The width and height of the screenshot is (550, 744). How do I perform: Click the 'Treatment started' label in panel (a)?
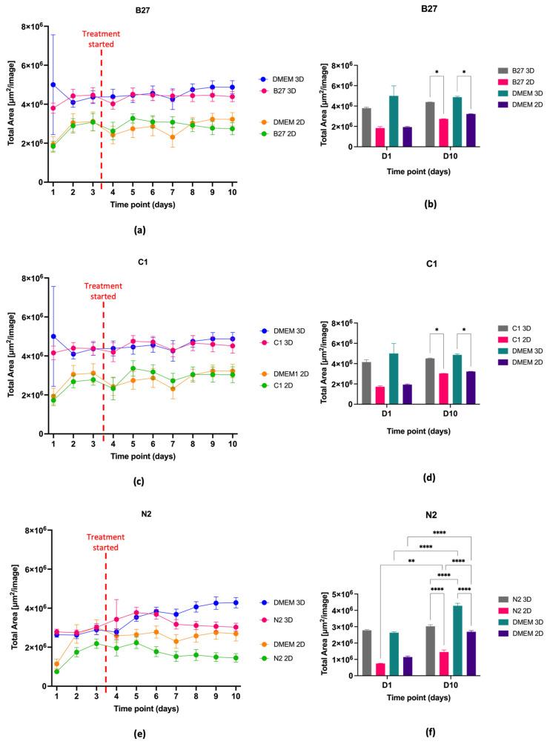pyautogui.click(x=102, y=39)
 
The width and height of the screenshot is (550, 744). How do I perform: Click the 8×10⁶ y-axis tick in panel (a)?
pyautogui.click(x=27, y=27)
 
